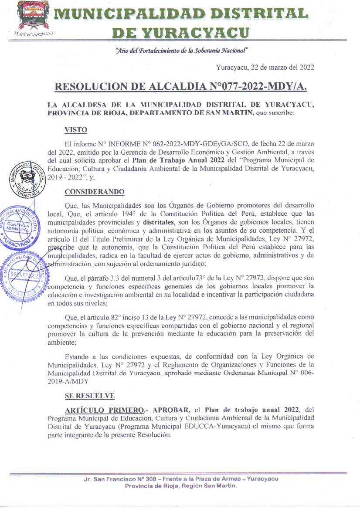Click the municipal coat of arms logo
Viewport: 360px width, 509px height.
(x=31, y=17)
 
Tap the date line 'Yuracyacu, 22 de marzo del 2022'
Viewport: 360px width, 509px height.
(x=265, y=67)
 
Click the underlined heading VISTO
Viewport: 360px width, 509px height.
(x=76, y=129)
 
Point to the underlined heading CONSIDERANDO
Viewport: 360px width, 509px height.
(x=95, y=192)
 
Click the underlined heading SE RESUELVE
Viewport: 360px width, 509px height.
(x=89, y=396)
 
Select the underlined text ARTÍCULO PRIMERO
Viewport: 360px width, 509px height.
(x=105, y=411)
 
